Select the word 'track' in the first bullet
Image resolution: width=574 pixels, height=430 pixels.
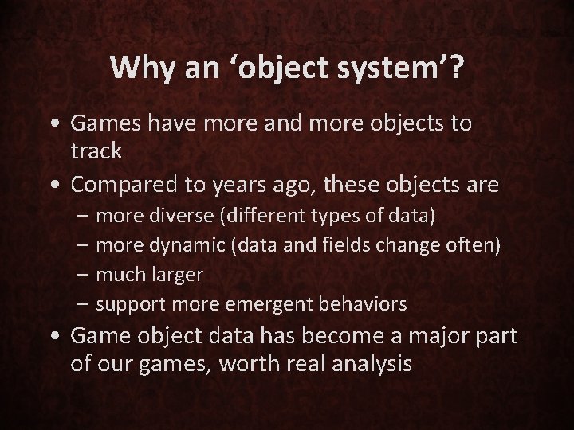95,150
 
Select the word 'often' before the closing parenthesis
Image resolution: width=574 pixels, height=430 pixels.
471,246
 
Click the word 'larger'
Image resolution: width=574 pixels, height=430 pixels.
175,275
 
